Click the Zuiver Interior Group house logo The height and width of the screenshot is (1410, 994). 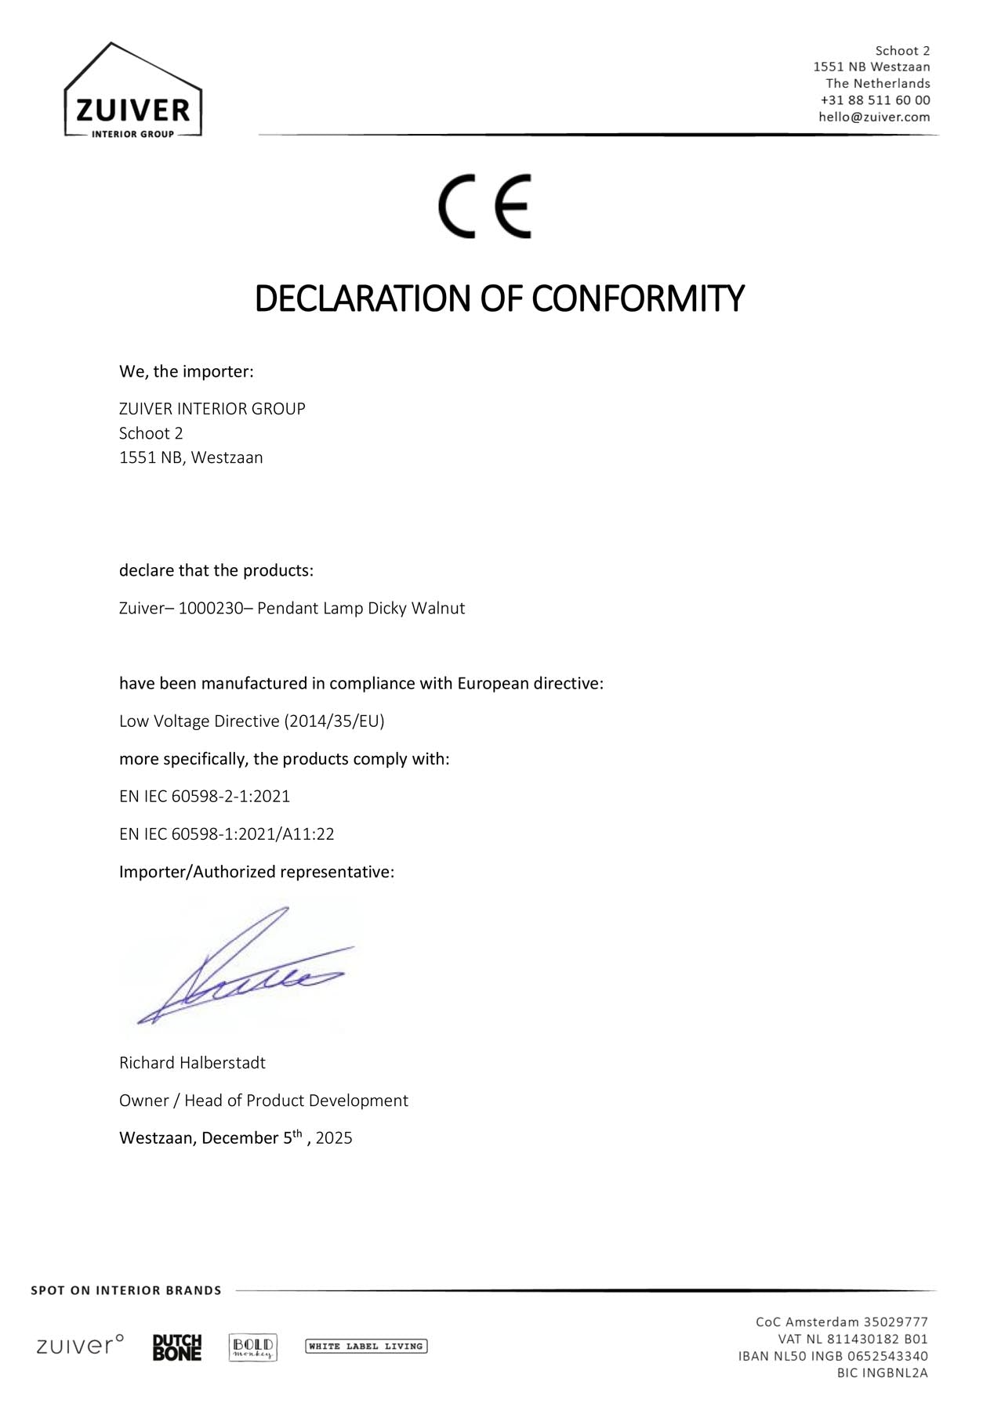click(x=132, y=92)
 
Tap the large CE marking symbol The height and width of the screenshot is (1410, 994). click(x=484, y=206)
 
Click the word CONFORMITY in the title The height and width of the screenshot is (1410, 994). click(x=637, y=298)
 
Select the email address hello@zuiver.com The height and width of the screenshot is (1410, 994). click(x=874, y=117)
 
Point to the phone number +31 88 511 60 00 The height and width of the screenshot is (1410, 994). click(x=875, y=100)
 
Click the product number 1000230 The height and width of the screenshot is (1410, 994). click(x=205, y=609)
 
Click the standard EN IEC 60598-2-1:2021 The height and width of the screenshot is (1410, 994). click(x=205, y=797)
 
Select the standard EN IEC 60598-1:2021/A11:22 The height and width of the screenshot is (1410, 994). click(x=227, y=834)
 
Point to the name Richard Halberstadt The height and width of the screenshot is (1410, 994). click(x=192, y=1063)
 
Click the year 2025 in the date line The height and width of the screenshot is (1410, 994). click(x=334, y=1138)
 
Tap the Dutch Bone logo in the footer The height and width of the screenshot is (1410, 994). click(x=177, y=1347)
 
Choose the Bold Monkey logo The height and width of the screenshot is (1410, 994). click(x=252, y=1347)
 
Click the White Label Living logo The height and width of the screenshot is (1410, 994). click(x=366, y=1347)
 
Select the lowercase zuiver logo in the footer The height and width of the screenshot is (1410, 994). click(x=80, y=1346)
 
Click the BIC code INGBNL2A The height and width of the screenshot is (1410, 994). click(x=894, y=1372)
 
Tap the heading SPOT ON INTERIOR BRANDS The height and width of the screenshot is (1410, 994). click(x=126, y=1290)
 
